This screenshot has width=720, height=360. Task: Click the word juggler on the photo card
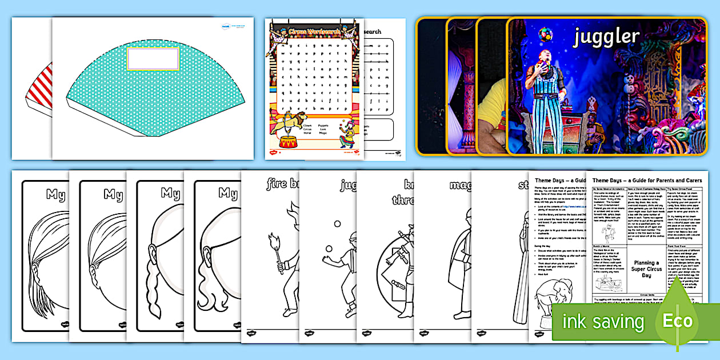(x=606, y=37)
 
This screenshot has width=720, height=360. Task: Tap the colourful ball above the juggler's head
(x=545, y=35)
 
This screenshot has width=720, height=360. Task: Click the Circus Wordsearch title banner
(x=314, y=31)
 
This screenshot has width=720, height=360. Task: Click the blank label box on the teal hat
(x=153, y=59)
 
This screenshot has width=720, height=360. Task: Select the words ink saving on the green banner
(x=602, y=321)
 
